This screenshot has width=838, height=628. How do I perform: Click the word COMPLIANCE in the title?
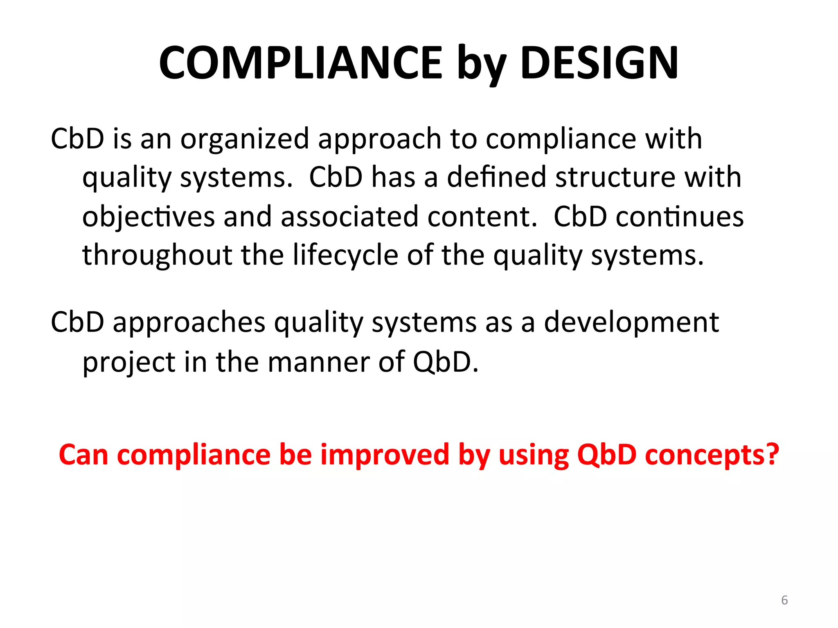[301, 63]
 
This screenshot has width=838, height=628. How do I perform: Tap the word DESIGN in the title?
[599, 63]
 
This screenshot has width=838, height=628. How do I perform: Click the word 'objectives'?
[148, 217]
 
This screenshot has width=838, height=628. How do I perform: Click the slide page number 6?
[784, 600]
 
